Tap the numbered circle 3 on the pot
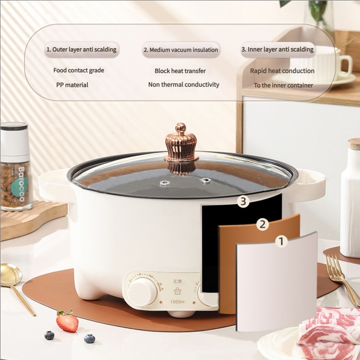click(x=243, y=202)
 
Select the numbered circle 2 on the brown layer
click(x=263, y=225)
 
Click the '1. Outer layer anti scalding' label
click(x=81, y=50)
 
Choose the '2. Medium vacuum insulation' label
click(x=181, y=50)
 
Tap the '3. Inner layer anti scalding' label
click(x=278, y=50)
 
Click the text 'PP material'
click(x=72, y=85)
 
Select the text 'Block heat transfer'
click(x=180, y=71)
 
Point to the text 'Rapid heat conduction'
click(x=282, y=71)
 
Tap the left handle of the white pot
click(x=54, y=185)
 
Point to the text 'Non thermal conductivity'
click(x=183, y=85)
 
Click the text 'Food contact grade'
click(x=78, y=70)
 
